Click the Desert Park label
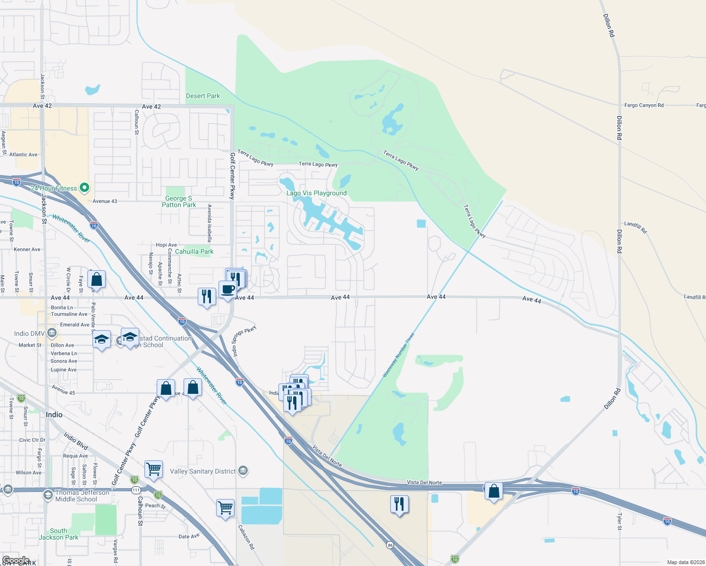203,96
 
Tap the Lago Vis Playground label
317,193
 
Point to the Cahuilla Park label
194,251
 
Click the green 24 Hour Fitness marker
84,188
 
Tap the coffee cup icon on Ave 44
227,290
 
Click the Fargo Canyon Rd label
644,105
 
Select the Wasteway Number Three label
398,355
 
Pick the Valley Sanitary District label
202,471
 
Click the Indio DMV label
29,333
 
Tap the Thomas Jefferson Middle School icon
48,495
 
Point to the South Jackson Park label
59,534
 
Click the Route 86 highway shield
390,545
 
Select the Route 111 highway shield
136,491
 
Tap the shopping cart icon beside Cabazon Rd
225,508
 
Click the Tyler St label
619,522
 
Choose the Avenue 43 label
105,201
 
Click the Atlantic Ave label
23,154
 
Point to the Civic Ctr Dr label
32,440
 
